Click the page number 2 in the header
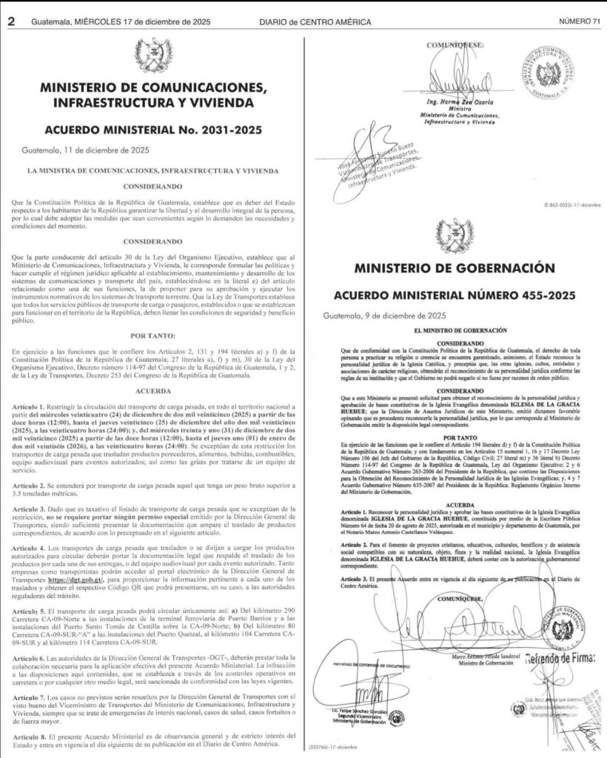point(11,21)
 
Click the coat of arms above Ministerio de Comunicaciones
point(154,55)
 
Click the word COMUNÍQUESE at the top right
point(456,44)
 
